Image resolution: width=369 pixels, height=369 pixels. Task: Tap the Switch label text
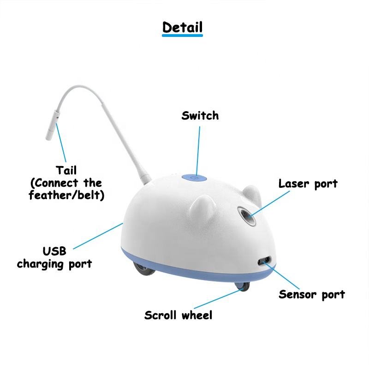tap(200, 115)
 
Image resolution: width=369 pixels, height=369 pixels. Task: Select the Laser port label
tap(308, 184)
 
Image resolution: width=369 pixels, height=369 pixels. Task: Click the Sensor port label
tap(311, 294)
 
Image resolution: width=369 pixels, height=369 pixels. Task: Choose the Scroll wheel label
tap(178, 315)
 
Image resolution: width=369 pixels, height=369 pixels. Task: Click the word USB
tap(54, 252)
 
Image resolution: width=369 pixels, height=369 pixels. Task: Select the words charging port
tap(54, 264)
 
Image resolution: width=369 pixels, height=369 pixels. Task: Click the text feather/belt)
tap(66, 195)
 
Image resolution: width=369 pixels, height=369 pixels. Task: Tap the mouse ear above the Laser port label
tap(251, 194)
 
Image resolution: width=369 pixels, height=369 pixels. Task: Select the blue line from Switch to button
tap(198, 148)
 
